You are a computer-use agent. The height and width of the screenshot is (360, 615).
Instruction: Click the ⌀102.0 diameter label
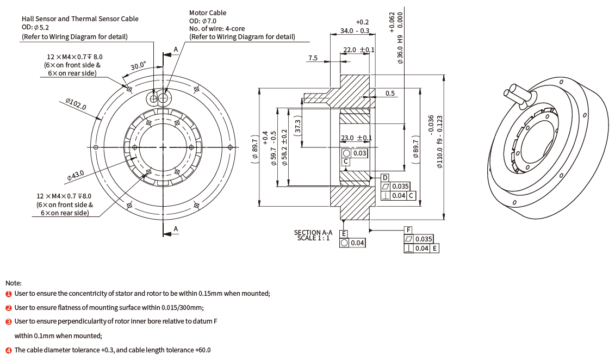pos(76,104)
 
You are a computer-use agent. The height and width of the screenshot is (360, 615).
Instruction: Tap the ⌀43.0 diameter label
pos(76,175)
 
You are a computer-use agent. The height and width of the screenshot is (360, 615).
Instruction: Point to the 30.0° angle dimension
pos(138,66)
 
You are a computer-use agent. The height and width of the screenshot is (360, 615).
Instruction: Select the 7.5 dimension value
pos(313,58)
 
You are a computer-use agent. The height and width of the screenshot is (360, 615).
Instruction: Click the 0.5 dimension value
pos(390,94)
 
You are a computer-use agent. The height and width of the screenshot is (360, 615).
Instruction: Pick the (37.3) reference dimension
pos(297,127)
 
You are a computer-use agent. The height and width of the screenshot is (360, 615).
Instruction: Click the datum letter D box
pos(385,178)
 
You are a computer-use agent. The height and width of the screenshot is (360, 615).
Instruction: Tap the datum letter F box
pos(408,230)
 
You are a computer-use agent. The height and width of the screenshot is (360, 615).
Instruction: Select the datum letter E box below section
pos(344,234)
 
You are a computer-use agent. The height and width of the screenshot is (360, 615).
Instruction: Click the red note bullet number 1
pos(9,294)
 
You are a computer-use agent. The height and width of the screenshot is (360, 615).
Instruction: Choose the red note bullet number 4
pos(9,350)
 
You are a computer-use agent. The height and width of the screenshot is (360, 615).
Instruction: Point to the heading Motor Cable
pos(208,13)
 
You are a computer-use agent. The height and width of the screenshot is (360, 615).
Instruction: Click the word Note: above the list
pos(14,283)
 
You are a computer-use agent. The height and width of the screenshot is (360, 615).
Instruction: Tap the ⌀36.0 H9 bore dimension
pos(400,49)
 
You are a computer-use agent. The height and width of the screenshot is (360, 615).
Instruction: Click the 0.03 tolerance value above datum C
pos(359,153)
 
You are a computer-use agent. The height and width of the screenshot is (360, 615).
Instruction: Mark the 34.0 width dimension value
pos(346,30)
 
